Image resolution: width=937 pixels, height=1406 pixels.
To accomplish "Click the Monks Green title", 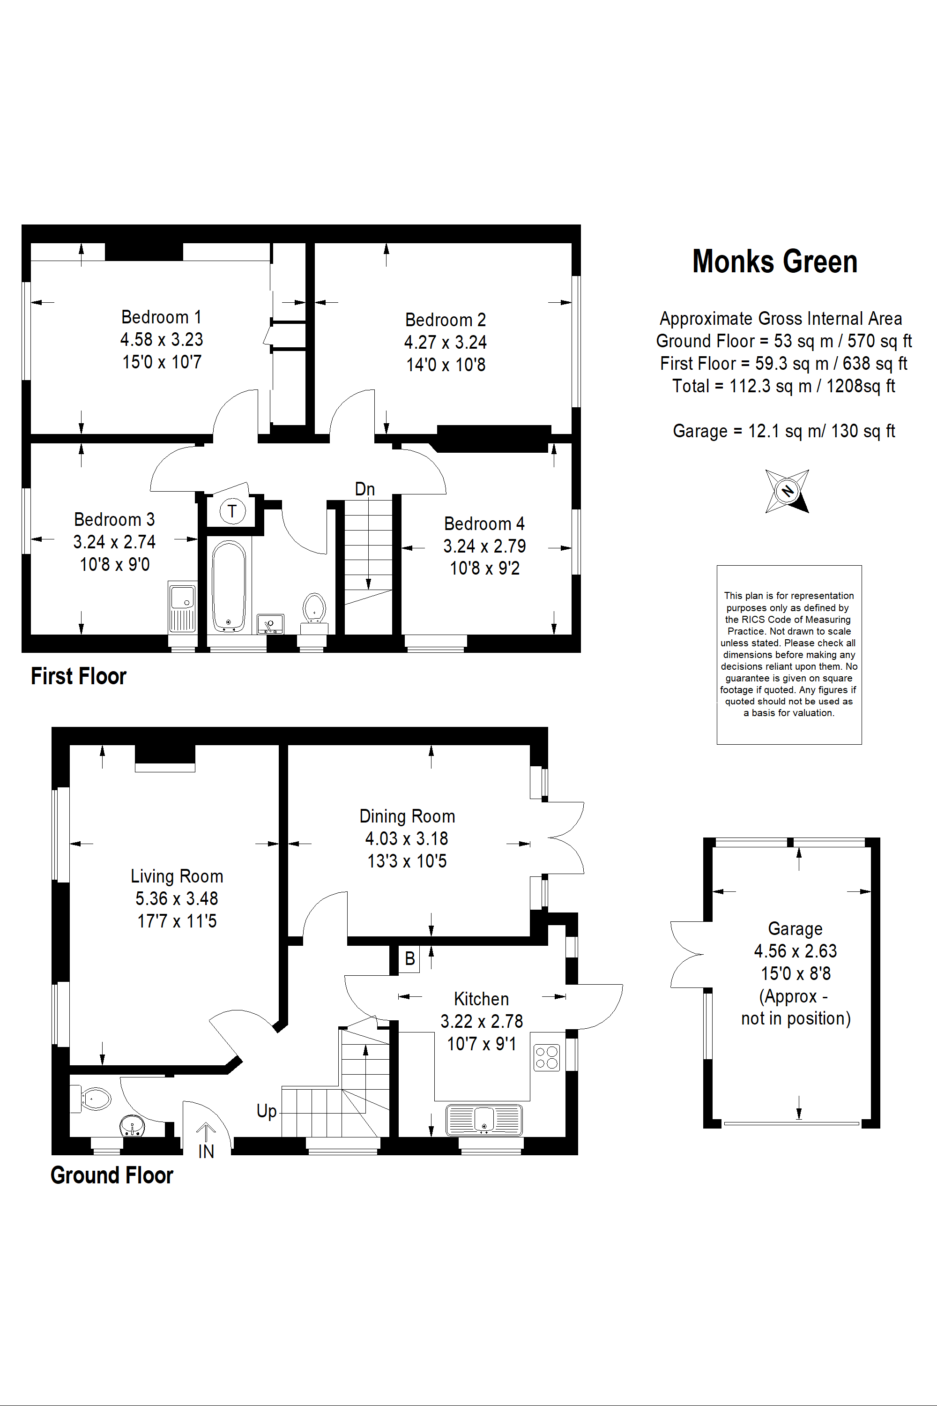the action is point(774,262).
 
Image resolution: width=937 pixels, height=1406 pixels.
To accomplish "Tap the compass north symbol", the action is point(787,491).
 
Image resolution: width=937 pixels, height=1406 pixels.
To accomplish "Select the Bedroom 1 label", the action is point(161,317).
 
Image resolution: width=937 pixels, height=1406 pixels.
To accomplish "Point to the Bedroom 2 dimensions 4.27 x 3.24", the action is point(445,343).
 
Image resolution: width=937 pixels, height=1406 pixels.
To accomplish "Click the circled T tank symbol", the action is point(232,511).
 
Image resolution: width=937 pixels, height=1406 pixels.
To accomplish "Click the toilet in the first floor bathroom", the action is point(314,608).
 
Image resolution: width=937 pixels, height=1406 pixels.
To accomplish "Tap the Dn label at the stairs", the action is point(364,489).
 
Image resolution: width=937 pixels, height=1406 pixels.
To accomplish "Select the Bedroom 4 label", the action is point(484,524).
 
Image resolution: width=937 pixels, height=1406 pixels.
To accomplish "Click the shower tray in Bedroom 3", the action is point(182,607).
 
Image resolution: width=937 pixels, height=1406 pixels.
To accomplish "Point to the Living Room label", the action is point(177,876).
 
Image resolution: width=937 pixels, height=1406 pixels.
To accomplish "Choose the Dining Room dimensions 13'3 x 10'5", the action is point(407,861).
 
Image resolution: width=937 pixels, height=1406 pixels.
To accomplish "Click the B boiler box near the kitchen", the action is point(410,959).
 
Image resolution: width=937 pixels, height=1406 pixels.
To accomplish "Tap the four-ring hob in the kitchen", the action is point(547,1057).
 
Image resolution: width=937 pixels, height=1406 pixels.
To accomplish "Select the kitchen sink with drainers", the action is point(483,1119).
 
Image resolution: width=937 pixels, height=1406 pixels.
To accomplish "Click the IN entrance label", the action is point(206,1152).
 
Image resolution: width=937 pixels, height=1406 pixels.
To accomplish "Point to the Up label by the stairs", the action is point(267,1111).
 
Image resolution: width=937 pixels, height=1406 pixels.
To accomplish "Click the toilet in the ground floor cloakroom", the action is point(93,1098).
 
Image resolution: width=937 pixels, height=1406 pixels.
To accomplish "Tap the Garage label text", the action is point(795,929).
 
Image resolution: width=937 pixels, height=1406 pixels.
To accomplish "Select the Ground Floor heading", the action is point(112,1175).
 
